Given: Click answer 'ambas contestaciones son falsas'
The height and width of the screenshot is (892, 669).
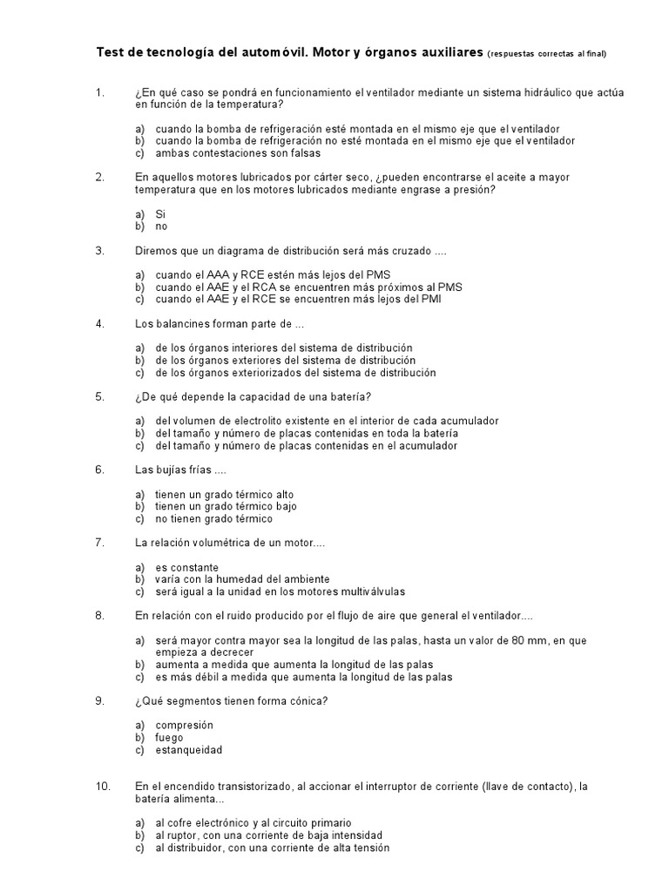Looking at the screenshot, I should (x=227, y=152).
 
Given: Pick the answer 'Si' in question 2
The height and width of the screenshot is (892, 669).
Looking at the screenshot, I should (x=160, y=213).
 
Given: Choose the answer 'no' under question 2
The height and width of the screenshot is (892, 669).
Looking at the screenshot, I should (x=161, y=226).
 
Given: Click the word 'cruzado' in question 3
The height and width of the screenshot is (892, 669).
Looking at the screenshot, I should (x=408, y=251).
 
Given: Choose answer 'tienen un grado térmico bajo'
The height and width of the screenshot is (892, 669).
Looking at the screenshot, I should (x=226, y=506).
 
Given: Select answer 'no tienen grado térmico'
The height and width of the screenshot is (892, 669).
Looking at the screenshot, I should (x=213, y=518).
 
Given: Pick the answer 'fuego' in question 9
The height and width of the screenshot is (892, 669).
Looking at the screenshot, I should (x=169, y=737).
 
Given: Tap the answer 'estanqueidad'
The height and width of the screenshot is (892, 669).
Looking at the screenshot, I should (x=188, y=749).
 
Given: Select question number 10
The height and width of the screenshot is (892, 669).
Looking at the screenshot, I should (x=103, y=786).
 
